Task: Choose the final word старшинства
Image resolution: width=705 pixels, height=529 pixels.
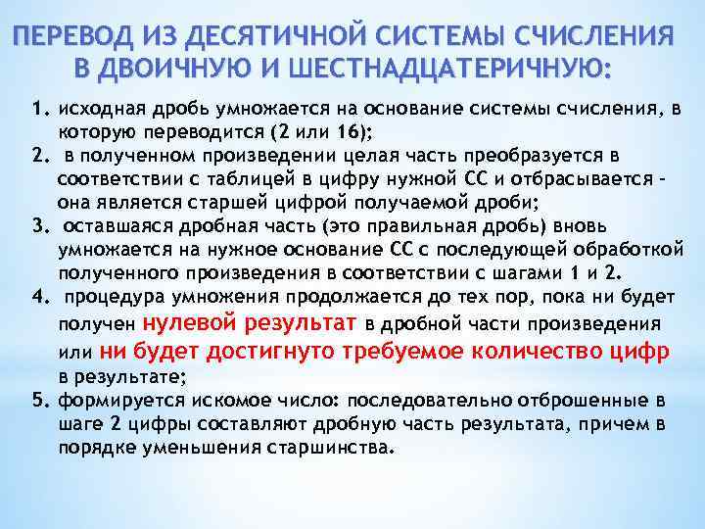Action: point(327,446)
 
